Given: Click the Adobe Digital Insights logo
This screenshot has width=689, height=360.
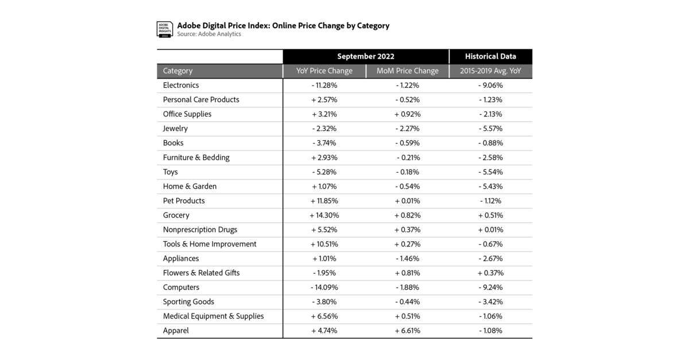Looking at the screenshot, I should (165, 30).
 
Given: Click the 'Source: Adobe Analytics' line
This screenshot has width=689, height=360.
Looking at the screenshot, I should (209, 34).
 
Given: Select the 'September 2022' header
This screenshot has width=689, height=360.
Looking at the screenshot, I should (366, 56).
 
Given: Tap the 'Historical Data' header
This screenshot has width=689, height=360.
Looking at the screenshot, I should (490, 56).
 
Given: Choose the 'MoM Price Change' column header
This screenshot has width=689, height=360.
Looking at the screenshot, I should (407, 71).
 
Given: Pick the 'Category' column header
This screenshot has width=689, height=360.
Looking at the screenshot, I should (178, 71).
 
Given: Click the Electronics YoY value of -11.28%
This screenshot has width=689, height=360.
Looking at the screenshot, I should (324, 86).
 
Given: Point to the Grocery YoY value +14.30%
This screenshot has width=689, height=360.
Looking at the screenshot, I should (324, 215).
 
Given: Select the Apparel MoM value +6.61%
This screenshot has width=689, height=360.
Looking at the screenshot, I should (407, 331).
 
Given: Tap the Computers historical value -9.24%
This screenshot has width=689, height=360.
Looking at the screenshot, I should (490, 288).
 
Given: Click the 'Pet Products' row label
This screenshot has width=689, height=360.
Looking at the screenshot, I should (184, 201).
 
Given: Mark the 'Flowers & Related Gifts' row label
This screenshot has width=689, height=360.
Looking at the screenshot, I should (202, 273).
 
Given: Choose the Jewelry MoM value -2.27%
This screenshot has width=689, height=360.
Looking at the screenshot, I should (407, 129).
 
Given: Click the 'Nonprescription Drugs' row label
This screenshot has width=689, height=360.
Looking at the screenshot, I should (200, 230).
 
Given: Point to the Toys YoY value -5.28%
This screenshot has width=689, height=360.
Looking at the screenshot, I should (324, 172).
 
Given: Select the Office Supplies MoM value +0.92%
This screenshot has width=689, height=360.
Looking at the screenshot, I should (407, 114).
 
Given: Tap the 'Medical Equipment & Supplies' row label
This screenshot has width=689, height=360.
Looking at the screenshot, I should (214, 316).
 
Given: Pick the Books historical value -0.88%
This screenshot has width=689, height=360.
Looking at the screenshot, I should (490, 143).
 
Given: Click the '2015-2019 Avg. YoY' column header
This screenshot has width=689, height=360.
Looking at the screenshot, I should (490, 71).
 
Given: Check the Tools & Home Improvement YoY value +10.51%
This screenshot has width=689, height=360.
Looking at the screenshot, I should (324, 244).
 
